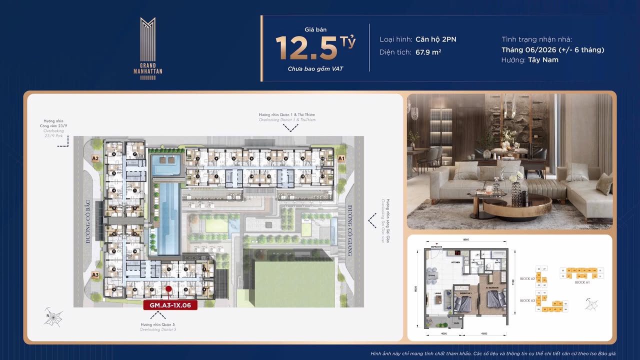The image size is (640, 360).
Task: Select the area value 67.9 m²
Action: tap(428, 52)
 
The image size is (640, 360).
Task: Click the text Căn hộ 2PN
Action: tap(435, 39)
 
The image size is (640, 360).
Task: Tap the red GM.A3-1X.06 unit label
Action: tap(170, 305)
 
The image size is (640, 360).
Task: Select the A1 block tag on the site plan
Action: tap(341, 158)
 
